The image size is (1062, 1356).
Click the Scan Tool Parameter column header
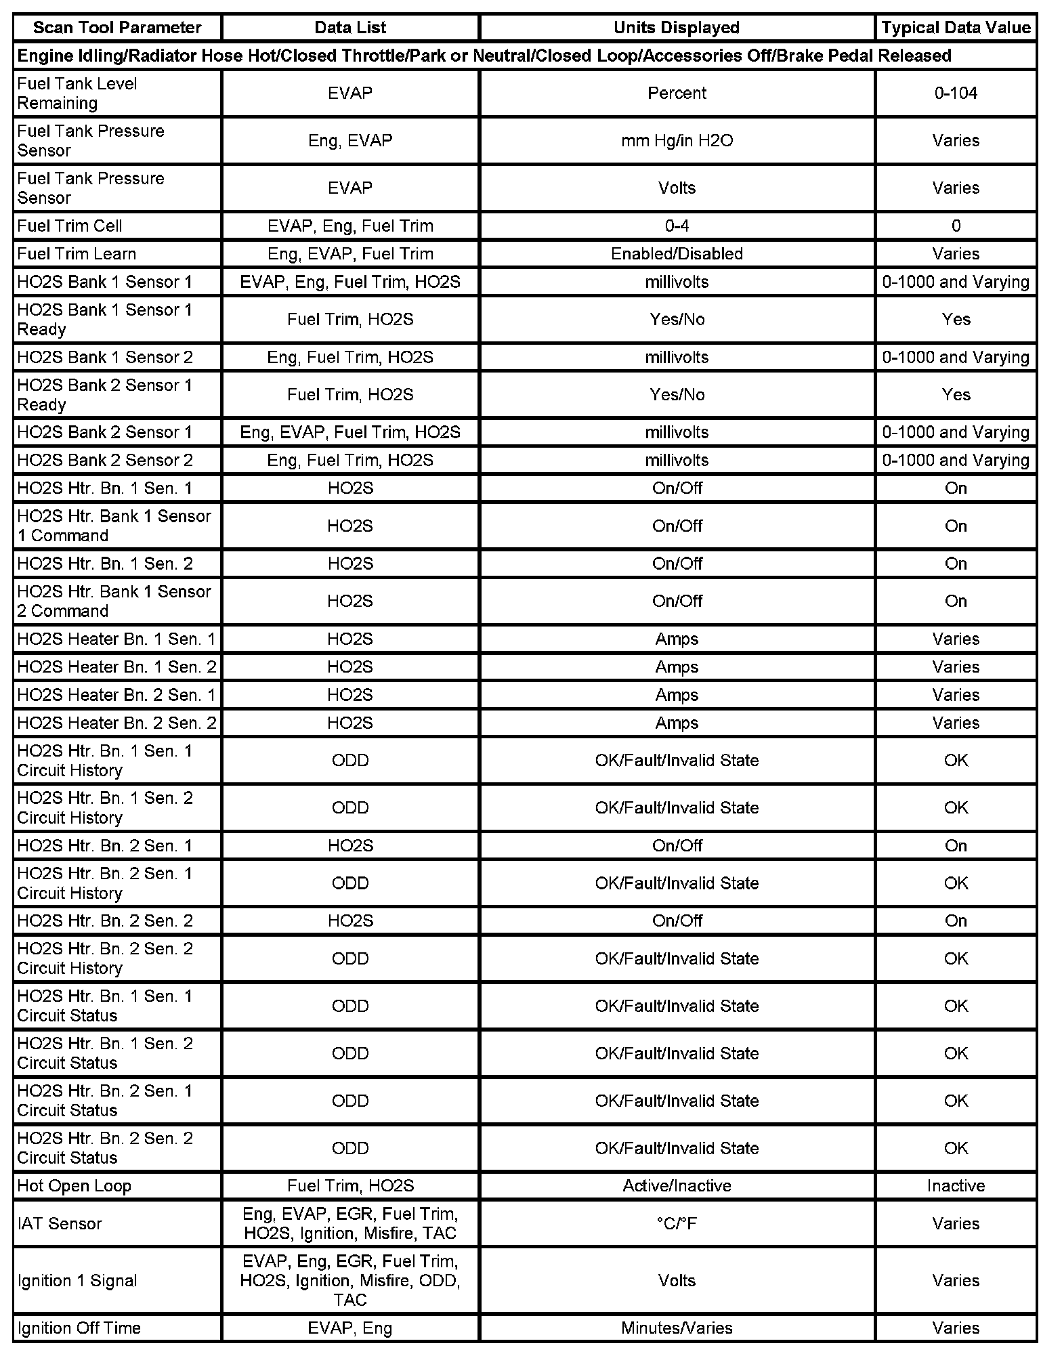pos(117,28)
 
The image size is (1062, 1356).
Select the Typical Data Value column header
pos(956,28)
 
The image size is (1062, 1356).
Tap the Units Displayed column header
pos(677,28)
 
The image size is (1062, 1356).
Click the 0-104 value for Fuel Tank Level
pos(956,93)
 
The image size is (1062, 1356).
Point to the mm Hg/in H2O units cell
pos(677,141)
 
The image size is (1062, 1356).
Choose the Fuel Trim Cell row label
pos(70,226)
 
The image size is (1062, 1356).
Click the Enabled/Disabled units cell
pos(677,254)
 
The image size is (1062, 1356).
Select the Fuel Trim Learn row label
pos(77,254)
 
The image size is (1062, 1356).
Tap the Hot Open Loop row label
pos(74,1186)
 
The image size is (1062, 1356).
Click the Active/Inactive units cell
pos(677,1186)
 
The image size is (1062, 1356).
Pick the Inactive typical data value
pos(956,1186)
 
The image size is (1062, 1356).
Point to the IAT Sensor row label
pos(60,1224)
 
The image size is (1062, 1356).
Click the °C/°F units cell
pos(677,1224)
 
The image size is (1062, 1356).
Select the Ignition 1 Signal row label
pos(77,1281)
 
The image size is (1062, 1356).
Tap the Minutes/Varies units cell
pos(677,1328)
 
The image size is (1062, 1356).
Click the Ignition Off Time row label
pos(79,1328)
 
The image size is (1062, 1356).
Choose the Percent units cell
pos(677,93)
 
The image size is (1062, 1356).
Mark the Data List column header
pos(350,28)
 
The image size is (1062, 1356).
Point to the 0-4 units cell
pos(677,226)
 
